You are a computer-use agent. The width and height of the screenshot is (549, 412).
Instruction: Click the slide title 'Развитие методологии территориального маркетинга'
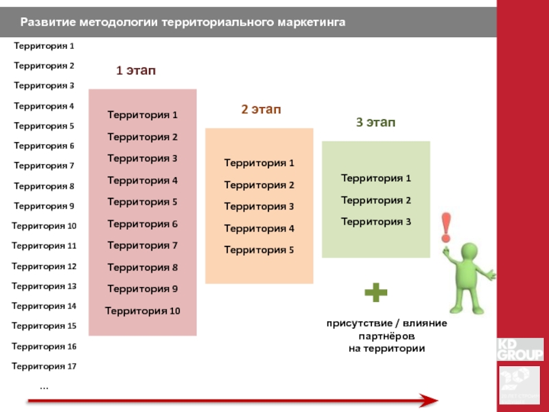point(183,23)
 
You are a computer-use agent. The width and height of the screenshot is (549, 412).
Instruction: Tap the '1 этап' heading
point(135,70)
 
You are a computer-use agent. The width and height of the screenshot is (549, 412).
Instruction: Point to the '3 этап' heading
point(375,122)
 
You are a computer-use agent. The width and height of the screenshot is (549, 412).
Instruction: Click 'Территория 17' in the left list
point(44,366)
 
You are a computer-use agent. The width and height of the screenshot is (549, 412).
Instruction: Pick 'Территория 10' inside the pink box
point(143,311)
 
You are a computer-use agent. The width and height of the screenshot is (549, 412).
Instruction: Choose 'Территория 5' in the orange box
point(259,250)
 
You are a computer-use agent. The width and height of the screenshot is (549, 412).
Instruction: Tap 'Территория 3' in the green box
point(376,222)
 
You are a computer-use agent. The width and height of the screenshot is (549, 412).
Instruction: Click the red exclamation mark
point(447,227)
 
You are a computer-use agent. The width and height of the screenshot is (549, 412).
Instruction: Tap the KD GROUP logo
point(519,349)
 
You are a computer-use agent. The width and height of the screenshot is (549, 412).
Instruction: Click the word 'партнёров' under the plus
point(387,336)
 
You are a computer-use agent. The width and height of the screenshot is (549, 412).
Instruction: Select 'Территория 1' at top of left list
point(44,46)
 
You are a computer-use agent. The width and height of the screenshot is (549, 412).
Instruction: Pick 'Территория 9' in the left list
point(44,206)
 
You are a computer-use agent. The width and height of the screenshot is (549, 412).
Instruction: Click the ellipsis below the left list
point(44,387)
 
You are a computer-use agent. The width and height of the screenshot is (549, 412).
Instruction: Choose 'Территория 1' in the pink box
point(143,115)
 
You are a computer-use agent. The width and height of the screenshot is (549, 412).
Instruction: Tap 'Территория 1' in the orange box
point(259,163)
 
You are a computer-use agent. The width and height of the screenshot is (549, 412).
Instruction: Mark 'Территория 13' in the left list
point(44,286)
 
